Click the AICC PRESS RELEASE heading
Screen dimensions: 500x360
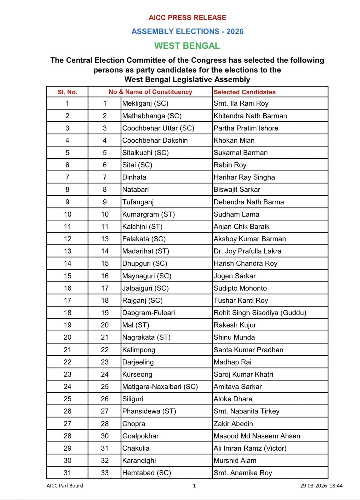[x=187, y=17]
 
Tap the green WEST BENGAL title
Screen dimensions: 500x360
[x=187, y=46]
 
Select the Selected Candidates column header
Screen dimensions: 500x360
[x=244, y=92]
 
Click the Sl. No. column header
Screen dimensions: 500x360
[x=67, y=92]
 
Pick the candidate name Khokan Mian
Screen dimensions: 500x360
[x=234, y=140]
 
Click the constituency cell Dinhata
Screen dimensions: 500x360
[x=134, y=177]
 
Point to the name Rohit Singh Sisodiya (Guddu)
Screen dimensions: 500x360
[x=260, y=312]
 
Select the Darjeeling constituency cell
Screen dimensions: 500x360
[x=138, y=362]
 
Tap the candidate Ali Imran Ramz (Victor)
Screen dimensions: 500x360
[x=250, y=448]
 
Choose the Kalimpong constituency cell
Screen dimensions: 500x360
[x=139, y=350]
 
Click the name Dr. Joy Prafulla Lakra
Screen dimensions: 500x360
[x=247, y=251]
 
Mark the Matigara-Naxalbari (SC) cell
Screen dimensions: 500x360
[x=160, y=387]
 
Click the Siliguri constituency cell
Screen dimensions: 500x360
[x=133, y=399]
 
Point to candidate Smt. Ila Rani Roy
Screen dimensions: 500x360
[x=241, y=103]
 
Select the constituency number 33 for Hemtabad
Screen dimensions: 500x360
[x=105, y=473]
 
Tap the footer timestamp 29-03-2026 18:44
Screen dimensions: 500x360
[x=321, y=486]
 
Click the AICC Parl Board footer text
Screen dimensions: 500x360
[x=65, y=486]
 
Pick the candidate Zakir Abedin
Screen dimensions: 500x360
[x=233, y=424]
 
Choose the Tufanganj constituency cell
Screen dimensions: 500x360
[x=138, y=202]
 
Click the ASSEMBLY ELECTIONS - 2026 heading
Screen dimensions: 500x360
[x=187, y=31]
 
